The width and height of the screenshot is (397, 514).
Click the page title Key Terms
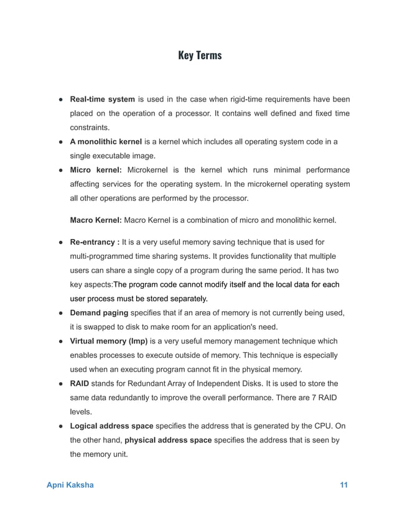[199, 56]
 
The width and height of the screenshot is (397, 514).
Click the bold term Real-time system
[102, 100]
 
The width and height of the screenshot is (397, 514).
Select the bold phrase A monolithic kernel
[106, 142]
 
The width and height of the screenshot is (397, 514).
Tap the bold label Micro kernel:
[98, 171]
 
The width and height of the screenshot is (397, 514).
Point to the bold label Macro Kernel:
[96, 220]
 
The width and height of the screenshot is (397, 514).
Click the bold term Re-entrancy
[93, 242]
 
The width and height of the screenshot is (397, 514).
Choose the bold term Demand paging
[99, 313]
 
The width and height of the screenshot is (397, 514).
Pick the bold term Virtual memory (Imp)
[108, 342]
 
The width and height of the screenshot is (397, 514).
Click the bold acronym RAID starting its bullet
[79, 384]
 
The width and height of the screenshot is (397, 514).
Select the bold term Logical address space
[111, 426]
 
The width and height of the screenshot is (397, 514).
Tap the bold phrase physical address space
[167, 441]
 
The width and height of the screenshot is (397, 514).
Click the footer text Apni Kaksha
[71, 485]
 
